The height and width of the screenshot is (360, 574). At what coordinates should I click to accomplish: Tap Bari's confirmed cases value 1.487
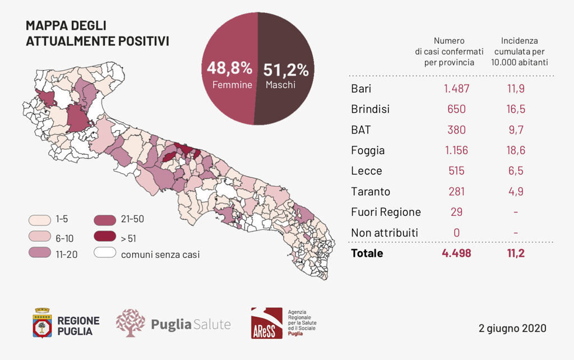coord(456,89)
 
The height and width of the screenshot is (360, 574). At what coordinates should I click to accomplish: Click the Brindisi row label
coord(370,109)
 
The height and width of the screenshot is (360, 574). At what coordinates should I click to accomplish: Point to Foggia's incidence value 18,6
coord(515,150)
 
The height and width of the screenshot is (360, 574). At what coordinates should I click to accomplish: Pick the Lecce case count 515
coord(456,171)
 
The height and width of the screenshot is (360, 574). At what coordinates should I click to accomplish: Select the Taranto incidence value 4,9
coord(515,192)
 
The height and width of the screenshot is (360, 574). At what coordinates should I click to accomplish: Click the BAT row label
coord(361,130)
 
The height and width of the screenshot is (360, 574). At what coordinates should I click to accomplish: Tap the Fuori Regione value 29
coord(456,212)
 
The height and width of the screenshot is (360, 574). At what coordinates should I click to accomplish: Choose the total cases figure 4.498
coord(456,253)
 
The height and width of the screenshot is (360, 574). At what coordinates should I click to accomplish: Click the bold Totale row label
coord(367,253)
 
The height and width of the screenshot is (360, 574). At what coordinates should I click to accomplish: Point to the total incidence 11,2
coord(515,253)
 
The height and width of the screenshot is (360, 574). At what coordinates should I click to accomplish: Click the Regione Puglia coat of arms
coord(42,323)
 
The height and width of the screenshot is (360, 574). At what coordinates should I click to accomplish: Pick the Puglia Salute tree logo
coord(130,323)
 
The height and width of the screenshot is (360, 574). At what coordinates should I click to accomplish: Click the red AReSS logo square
coord(266,323)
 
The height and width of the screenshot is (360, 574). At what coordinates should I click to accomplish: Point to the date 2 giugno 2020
coord(512,328)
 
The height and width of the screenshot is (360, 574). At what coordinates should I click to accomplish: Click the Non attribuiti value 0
coord(456,233)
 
